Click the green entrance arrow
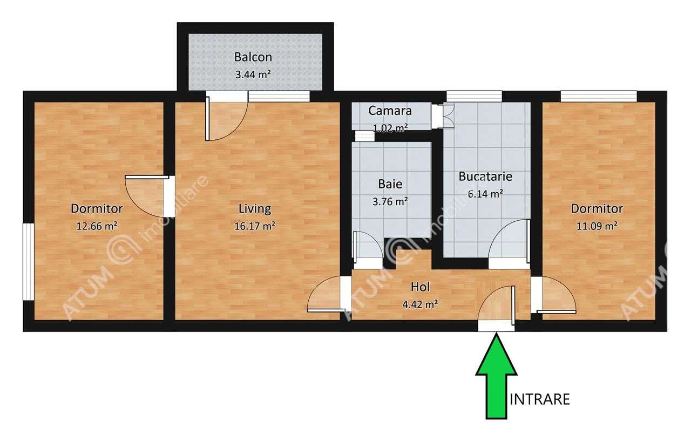(x=496, y=378)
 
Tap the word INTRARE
(x=539, y=399)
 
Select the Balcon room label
(x=253, y=57)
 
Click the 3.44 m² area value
(x=253, y=74)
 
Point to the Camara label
(x=390, y=111)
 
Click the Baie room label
(x=390, y=184)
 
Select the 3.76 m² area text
(x=390, y=202)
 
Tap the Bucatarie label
(x=485, y=176)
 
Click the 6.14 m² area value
(x=485, y=194)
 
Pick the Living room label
(x=255, y=208)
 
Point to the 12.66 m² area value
(x=97, y=226)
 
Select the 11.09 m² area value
(x=597, y=226)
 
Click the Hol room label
(x=420, y=287)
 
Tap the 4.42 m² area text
(x=420, y=304)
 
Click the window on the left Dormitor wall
(x=27, y=261)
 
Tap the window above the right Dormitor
(x=598, y=96)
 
